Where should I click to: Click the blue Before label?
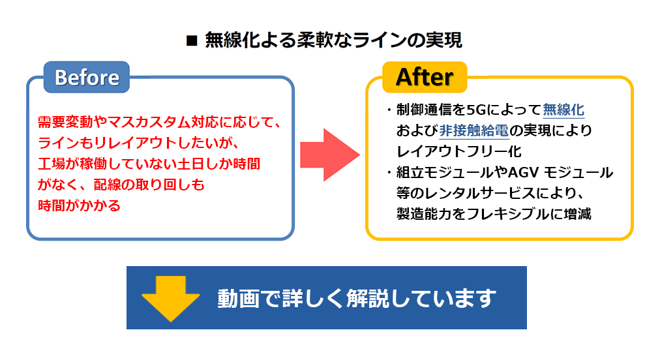[x=87, y=78]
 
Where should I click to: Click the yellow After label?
[x=425, y=77]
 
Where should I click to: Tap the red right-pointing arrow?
[x=329, y=154]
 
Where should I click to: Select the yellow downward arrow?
[x=171, y=297]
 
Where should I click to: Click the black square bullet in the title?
[x=192, y=41]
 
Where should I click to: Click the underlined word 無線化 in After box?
[x=563, y=109]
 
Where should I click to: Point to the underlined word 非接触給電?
[x=474, y=130]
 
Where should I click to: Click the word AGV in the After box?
[x=520, y=173]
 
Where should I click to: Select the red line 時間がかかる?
[x=80, y=206]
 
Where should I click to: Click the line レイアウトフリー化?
[x=458, y=151]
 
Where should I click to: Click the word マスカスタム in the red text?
[x=149, y=122]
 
